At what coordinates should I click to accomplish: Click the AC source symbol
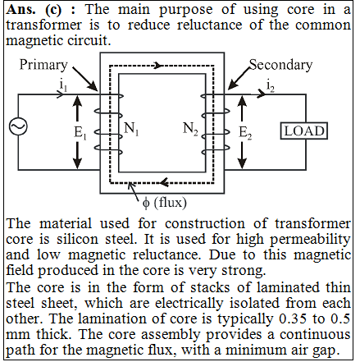pyautogui.click(x=18, y=126)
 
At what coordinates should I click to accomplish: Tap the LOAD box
pyautogui.click(x=304, y=131)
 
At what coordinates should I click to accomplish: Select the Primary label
pyautogui.click(x=43, y=65)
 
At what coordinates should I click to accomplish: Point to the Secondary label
pyautogui.click(x=280, y=65)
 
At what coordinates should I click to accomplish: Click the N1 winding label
pyautogui.click(x=131, y=128)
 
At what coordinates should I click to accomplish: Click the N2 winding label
pyautogui.click(x=190, y=128)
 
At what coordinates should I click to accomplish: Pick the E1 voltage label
pyautogui.click(x=80, y=133)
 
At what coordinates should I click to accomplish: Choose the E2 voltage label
pyautogui.click(x=245, y=133)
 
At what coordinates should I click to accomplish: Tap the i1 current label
pyautogui.click(x=63, y=85)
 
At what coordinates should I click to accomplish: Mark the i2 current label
pyautogui.click(x=271, y=85)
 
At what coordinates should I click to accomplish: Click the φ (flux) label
pyautogui.click(x=165, y=203)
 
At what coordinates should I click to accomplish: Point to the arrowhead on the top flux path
pyautogui.click(x=158, y=66)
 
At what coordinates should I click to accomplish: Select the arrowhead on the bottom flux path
pyautogui.click(x=164, y=182)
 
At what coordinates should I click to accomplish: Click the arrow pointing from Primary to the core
pyautogui.click(x=85, y=79)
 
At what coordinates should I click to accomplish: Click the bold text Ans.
pyautogui.click(x=21, y=10)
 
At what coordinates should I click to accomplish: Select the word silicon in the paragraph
pyautogui.click(x=77, y=239)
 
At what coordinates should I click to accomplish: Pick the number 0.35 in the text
pyautogui.click(x=294, y=318)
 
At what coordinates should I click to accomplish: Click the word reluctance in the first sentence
pyautogui.click(x=210, y=25)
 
